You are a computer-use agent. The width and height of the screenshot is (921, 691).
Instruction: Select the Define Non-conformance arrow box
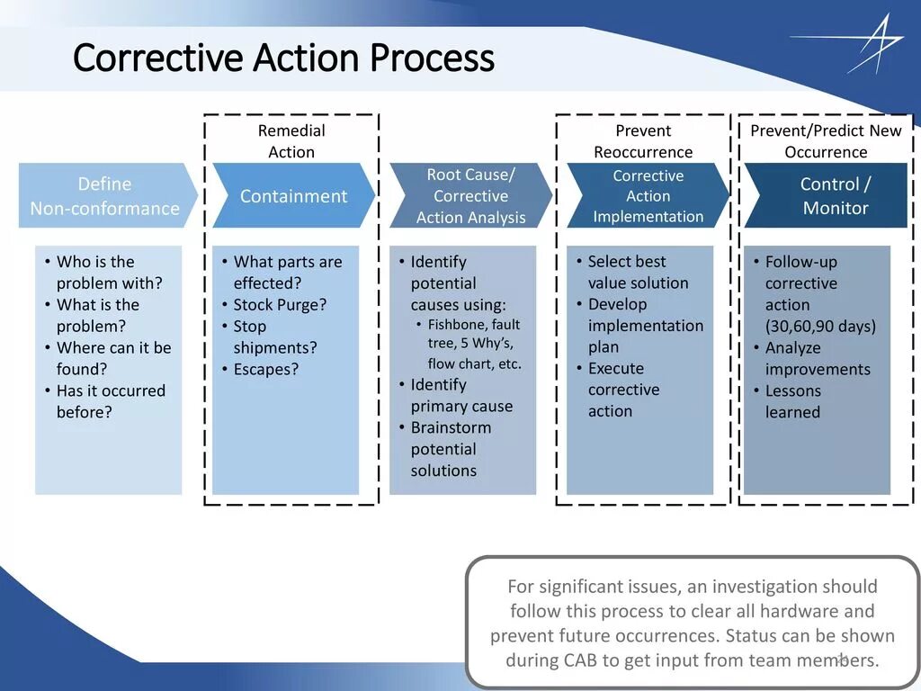click(105, 196)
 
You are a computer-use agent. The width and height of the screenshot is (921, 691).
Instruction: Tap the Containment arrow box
click(293, 196)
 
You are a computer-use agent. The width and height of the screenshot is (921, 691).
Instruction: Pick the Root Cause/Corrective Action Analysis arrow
click(470, 196)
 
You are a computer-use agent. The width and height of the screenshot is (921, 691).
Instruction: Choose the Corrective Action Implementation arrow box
click(648, 196)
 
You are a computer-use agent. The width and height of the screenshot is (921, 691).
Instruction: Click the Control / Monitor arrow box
click(835, 196)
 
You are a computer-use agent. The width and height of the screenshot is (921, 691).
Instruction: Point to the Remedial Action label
click(291, 141)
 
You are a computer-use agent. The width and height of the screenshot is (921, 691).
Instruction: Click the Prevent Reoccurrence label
click(643, 141)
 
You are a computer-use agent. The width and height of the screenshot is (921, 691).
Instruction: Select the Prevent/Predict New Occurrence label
click(826, 141)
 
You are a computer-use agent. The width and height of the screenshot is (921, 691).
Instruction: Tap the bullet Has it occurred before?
click(110, 401)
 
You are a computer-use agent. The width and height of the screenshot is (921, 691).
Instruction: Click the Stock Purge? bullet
click(280, 305)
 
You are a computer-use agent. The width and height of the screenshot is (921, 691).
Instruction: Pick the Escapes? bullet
click(265, 370)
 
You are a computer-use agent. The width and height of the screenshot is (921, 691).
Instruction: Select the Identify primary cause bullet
click(460, 395)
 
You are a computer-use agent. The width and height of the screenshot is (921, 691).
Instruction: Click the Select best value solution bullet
click(638, 272)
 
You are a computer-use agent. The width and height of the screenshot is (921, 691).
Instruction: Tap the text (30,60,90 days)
click(820, 327)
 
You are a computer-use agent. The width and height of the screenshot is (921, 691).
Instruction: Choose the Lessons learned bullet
click(792, 401)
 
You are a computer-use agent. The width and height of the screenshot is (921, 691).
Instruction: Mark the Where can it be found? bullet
click(112, 358)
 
